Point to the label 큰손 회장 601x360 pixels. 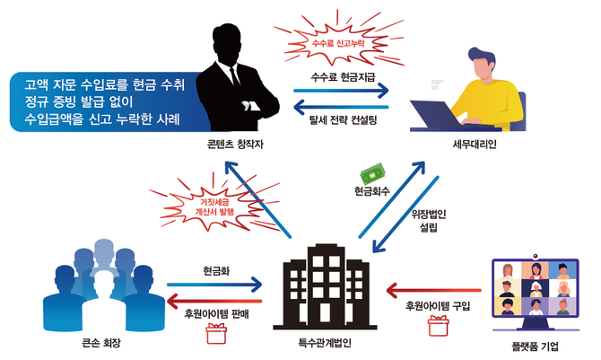[100, 341]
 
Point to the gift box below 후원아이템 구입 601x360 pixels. [437, 326]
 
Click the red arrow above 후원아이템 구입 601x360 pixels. [436, 289]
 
